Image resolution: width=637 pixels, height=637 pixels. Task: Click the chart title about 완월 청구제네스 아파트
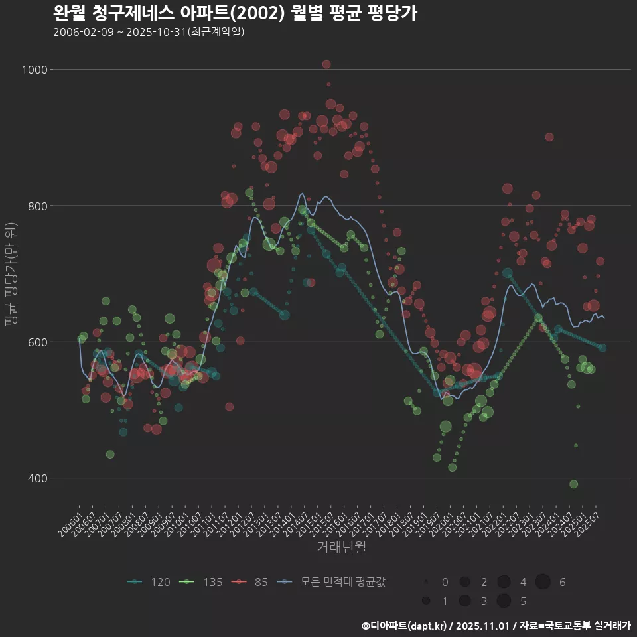235,13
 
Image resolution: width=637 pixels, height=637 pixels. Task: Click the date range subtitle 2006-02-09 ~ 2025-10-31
149,32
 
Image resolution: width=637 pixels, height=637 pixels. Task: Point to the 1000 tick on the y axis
36,70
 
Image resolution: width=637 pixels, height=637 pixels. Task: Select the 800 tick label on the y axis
38,206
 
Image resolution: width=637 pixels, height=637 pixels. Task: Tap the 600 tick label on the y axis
38,342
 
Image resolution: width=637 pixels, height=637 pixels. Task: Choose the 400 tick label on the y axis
38,478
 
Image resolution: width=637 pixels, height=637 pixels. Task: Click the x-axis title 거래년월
341,547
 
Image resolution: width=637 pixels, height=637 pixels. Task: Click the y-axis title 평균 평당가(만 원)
11,274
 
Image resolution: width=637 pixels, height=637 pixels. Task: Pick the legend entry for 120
149,582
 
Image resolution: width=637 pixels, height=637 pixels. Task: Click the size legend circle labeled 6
543,582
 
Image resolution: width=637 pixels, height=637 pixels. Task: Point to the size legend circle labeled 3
464,601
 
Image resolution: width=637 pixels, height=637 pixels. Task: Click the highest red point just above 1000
326,64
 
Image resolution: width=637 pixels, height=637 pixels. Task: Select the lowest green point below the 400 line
573,484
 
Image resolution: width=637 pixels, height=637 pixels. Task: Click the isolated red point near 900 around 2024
549,137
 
